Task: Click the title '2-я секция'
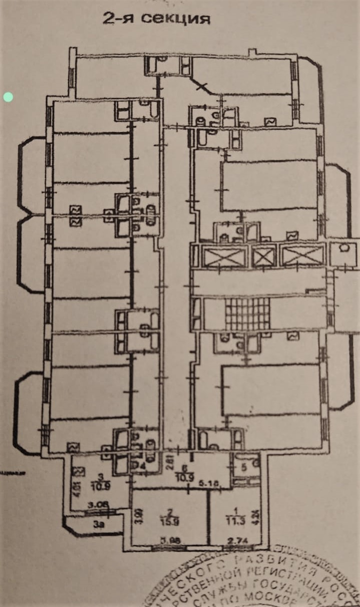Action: click(x=156, y=19)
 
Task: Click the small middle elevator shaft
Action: click(x=263, y=257)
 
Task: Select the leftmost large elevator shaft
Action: click(x=224, y=257)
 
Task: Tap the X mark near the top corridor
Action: click(x=202, y=86)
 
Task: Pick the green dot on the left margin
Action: click(x=8, y=97)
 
